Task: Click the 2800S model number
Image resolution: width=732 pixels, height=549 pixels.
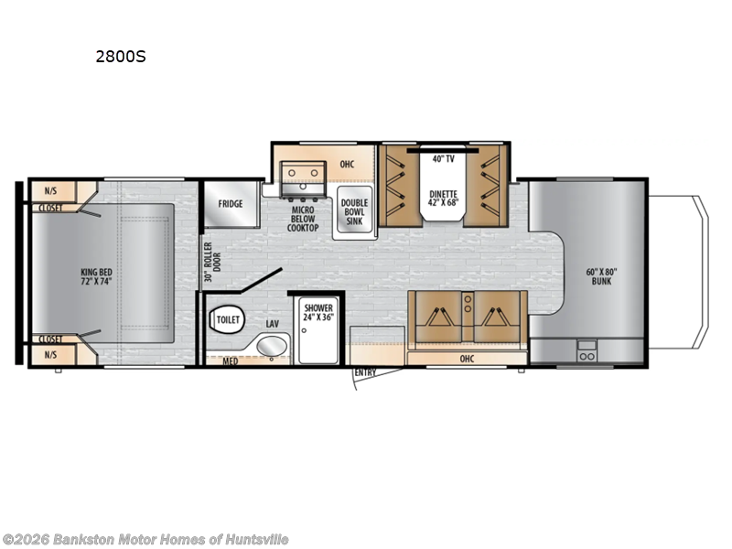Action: click(121, 56)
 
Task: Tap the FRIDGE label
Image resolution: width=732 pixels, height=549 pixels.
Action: click(231, 203)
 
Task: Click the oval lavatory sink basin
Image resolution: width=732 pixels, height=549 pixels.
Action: click(271, 347)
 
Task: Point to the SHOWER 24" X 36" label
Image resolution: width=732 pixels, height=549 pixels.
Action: click(319, 311)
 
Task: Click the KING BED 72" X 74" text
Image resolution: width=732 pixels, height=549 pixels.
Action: click(95, 274)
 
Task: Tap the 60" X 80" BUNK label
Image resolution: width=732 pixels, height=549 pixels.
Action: click(603, 275)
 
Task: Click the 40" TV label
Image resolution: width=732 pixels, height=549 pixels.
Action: click(443, 159)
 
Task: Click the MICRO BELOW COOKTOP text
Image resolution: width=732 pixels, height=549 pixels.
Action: click(303, 216)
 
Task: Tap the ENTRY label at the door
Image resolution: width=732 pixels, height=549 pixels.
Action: click(366, 372)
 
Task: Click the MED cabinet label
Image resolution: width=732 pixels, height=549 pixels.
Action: click(231, 361)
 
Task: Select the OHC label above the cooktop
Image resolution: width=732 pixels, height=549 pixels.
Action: click(347, 165)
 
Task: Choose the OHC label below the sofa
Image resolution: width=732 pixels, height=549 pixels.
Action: click(468, 359)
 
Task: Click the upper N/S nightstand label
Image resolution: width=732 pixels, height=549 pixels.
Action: click(49, 190)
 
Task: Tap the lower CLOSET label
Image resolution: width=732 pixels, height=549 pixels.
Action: click(51, 339)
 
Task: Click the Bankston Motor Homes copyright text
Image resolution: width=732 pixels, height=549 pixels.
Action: click(145, 540)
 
